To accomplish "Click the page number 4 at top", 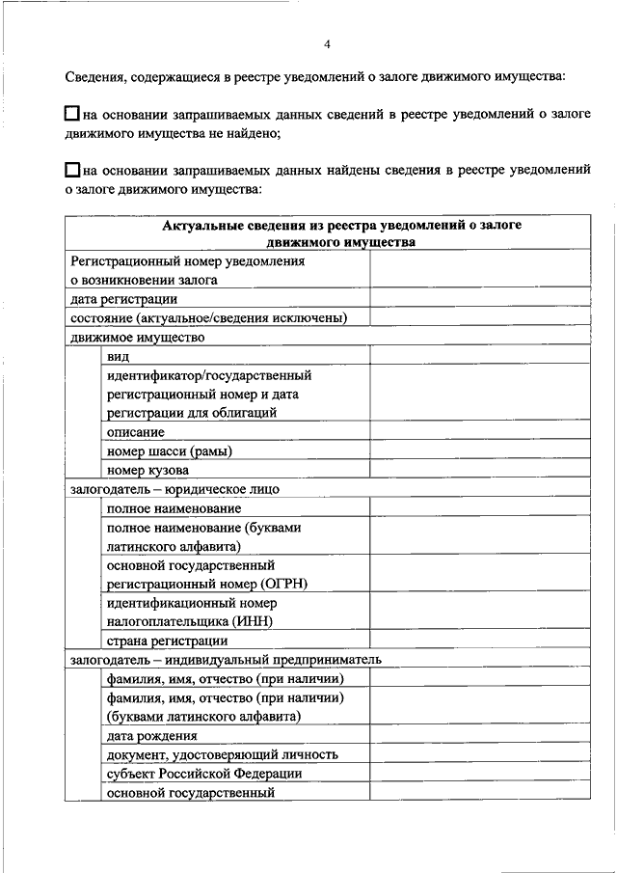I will (x=327, y=44).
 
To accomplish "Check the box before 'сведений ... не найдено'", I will (x=73, y=115).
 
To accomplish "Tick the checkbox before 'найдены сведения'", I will (x=73, y=170).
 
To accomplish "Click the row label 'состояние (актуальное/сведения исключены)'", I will (x=208, y=318).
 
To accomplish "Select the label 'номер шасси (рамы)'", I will (x=170, y=451).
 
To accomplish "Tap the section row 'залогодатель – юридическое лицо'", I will (x=174, y=489).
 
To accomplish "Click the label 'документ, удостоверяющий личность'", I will (x=223, y=754).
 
